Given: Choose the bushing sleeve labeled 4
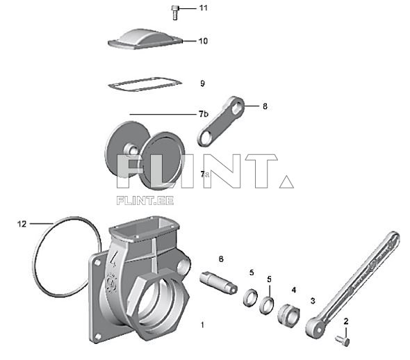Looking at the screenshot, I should coord(287,315).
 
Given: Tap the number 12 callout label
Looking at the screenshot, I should coord(22,224).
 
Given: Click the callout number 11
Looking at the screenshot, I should coord(203,8).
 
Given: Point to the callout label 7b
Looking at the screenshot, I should coord(203,113).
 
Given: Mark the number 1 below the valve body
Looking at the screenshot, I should coord(203,325).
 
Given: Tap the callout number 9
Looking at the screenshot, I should coord(202,83).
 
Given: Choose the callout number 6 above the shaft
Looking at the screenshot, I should coord(221,259).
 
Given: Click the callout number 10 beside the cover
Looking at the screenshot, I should coord(203,41).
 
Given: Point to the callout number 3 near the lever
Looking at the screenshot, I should coord(313,301).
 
